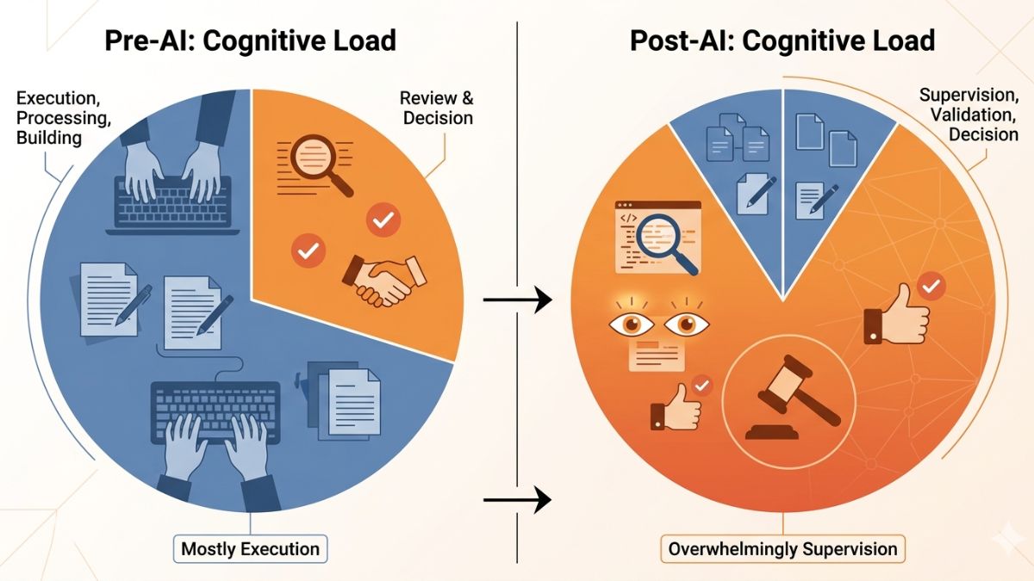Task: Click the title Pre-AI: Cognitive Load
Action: (x=251, y=40)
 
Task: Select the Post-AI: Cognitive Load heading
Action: (x=782, y=40)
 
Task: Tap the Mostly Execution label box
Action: (x=250, y=549)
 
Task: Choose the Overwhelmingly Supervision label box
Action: (x=783, y=549)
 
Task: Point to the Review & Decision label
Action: (x=437, y=108)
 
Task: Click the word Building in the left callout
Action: (x=49, y=138)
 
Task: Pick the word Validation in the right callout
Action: (x=973, y=114)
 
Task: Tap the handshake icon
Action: (x=384, y=281)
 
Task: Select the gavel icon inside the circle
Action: (x=792, y=398)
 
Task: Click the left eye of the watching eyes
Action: (x=632, y=324)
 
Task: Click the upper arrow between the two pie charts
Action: (x=518, y=300)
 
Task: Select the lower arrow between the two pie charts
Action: (x=518, y=499)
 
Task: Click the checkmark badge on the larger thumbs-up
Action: (x=931, y=287)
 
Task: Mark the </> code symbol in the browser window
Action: (x=628, y=218)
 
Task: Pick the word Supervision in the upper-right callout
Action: (x=969, y=95)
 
